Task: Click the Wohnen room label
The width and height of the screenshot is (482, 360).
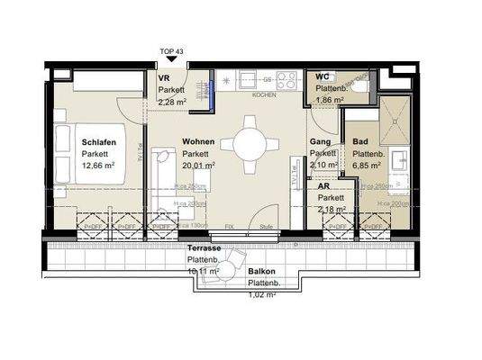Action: [197, 143]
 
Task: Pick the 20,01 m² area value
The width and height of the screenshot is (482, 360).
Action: [198, 166]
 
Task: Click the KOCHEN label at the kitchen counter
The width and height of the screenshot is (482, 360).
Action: [263, 94]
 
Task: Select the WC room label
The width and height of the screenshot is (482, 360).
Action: [323, 77]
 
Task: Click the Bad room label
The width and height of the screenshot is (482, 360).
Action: [360, 143]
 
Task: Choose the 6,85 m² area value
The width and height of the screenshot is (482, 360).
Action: [366, 166]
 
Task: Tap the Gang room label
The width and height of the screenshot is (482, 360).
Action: [319, 143]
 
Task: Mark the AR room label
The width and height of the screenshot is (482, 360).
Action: [323, 186]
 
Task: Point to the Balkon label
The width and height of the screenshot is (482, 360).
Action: [261, 270]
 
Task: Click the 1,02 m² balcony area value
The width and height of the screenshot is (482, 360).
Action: [263, 292]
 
